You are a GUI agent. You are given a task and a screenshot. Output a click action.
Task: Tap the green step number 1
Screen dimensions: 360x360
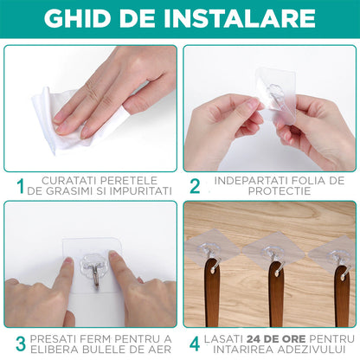20,185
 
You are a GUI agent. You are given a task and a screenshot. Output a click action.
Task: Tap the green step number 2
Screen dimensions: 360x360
196,185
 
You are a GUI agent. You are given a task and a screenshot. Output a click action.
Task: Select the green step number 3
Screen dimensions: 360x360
20,343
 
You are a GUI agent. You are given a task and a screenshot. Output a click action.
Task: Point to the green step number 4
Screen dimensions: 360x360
196,343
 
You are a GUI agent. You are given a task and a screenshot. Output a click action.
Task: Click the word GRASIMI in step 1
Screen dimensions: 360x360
69,190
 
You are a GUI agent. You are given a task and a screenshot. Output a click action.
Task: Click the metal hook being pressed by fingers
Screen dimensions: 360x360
89,263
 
